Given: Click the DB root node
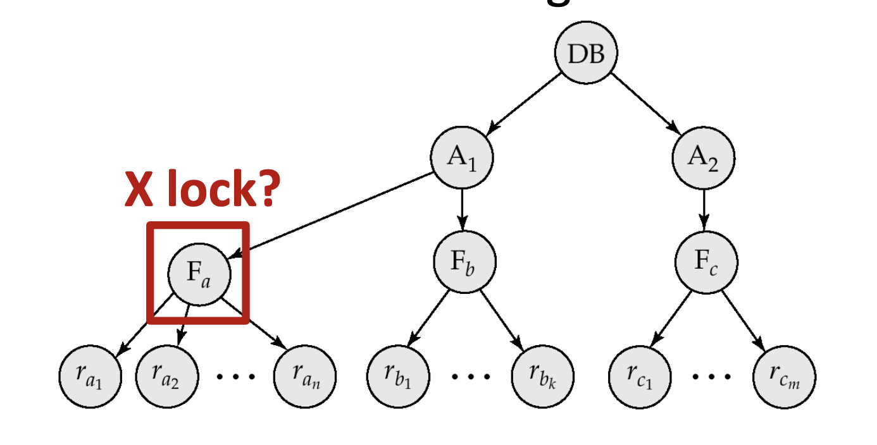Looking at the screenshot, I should [586, 54].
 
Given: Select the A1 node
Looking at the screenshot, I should [462, 157].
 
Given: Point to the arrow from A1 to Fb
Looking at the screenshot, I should [462, 209].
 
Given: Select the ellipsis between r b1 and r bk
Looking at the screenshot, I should [471, 376].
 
